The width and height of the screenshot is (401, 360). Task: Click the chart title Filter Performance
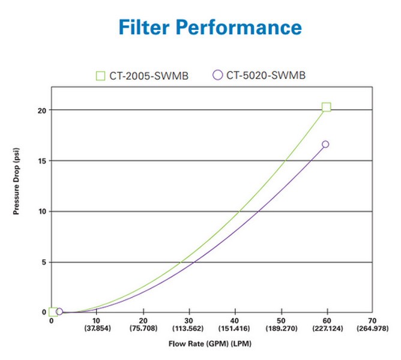click(x=210, y=26)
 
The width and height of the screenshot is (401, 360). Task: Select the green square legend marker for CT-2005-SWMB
click(x=100, y=76)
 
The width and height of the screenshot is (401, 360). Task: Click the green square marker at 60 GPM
click(x=326, y=107)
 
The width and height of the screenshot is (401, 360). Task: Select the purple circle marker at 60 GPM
click(x=325, y=144)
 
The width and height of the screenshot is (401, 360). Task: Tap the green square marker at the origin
click(x=53, y=312)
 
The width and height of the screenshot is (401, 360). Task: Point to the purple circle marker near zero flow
click(x=59, y=312)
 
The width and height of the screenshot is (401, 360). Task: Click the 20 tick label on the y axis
click(x=41, y=110)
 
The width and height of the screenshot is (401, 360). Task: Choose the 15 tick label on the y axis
click(x=41, y=161)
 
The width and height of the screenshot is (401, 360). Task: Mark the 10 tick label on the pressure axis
click(x=41, y=211)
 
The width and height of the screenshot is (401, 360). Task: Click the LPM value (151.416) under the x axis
click(x=235, y=329)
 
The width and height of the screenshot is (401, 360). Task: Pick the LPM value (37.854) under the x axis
click(x=97, y=329)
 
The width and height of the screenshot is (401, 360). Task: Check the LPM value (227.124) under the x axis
click(x=327, y=329)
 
